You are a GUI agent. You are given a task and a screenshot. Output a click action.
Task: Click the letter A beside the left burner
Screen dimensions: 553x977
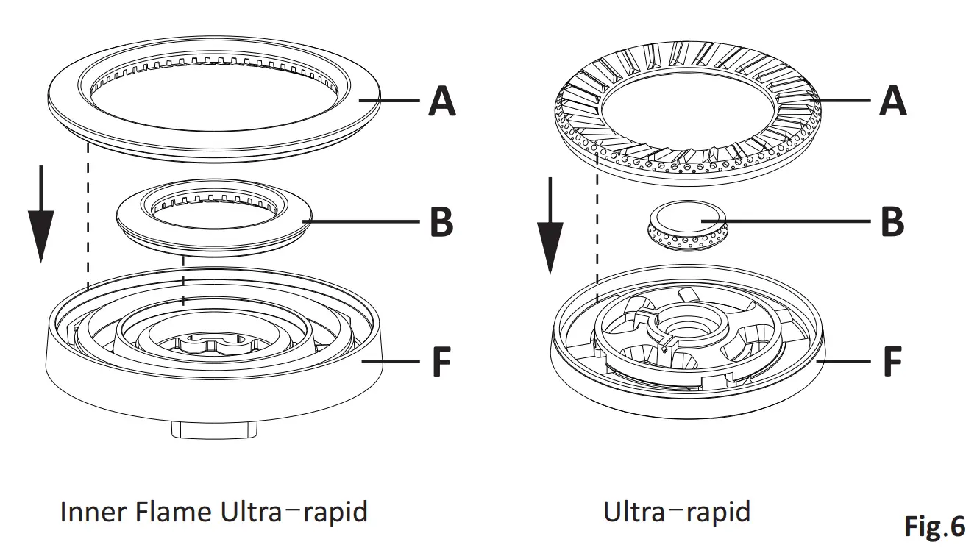coord(441,100)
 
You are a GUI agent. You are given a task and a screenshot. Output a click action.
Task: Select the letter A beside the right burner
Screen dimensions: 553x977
coord(892,100)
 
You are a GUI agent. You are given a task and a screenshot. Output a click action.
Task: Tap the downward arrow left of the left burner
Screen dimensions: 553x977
coord(40,213)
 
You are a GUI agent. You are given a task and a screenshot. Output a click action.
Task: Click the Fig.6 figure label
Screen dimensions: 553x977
coord(933,527)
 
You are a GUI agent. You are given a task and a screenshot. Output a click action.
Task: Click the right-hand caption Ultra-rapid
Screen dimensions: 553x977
coord(676,510)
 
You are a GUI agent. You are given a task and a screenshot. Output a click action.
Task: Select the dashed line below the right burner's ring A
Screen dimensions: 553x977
coord(597,228)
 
